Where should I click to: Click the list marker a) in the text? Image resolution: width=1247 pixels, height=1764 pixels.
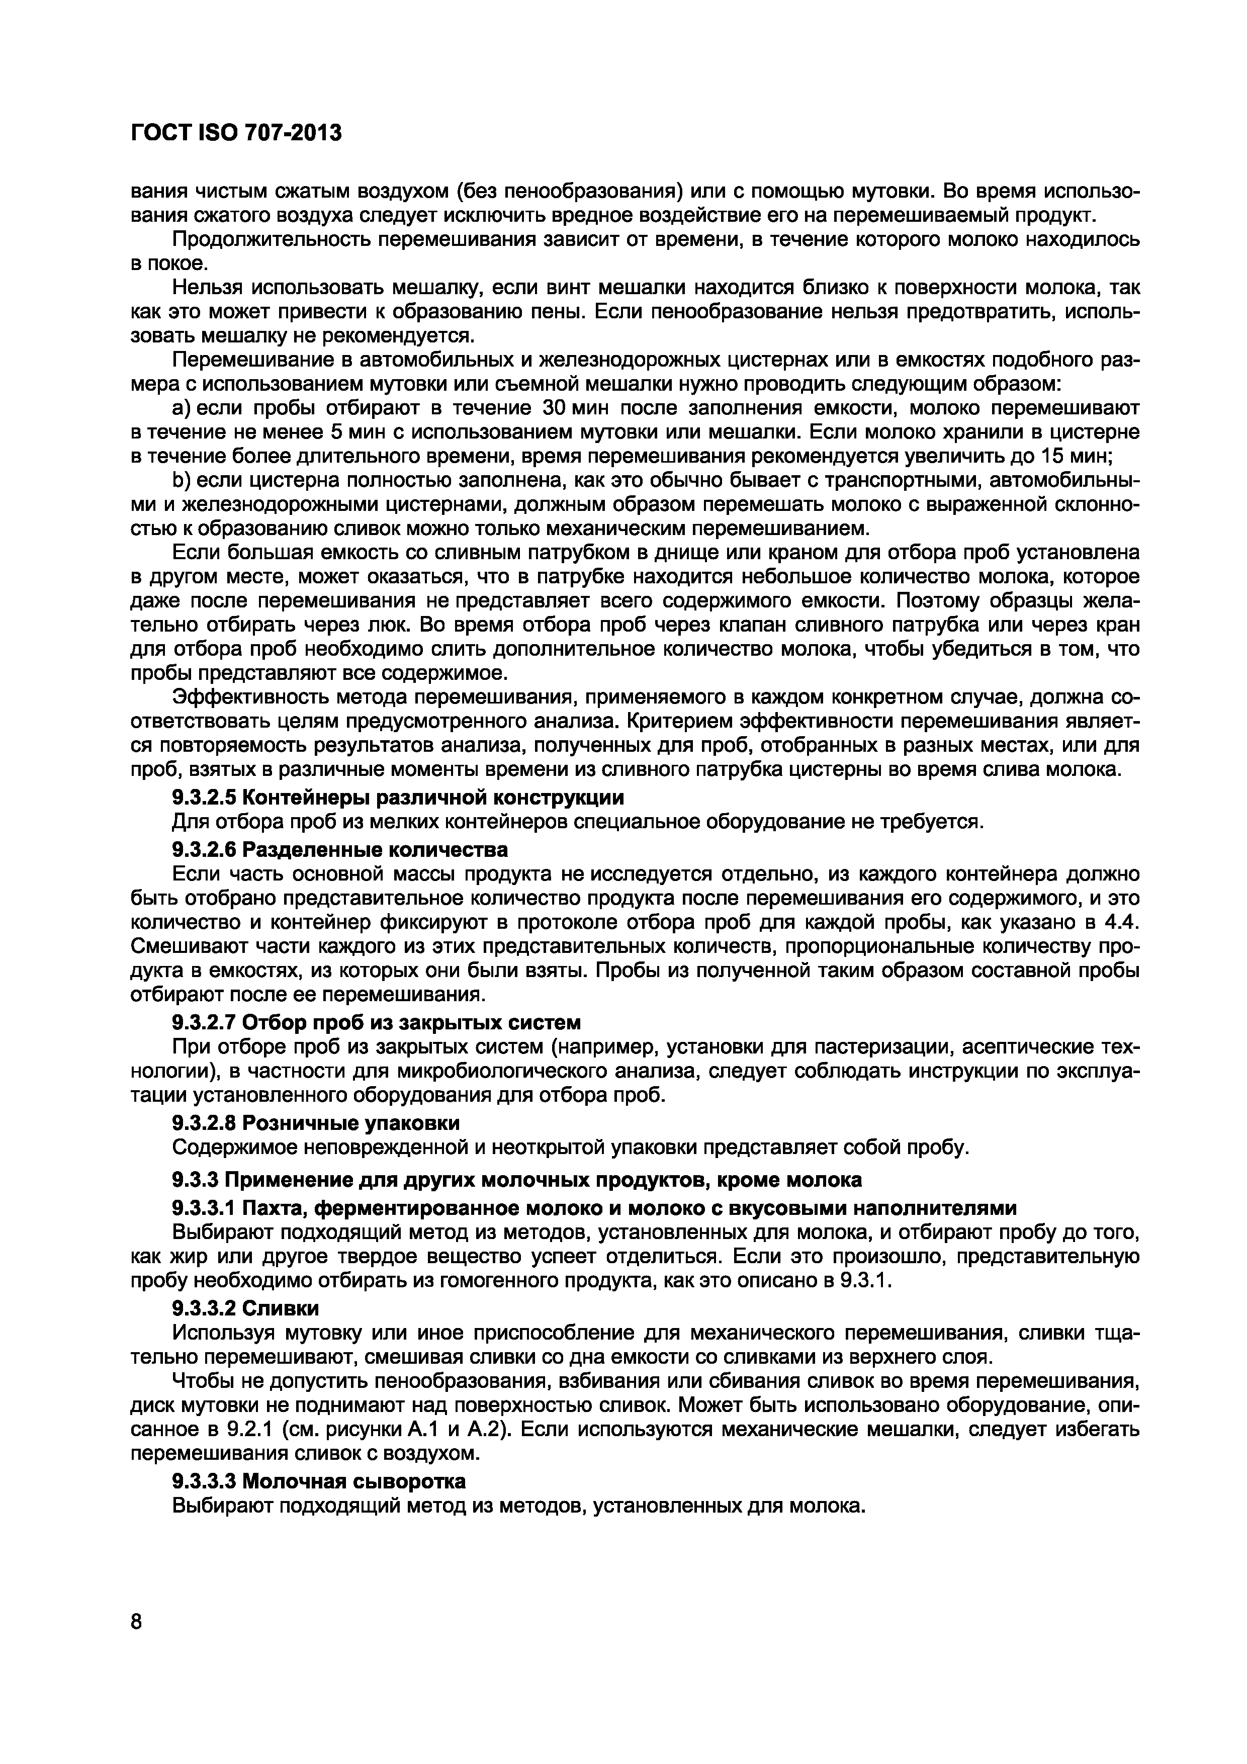click(181, 406)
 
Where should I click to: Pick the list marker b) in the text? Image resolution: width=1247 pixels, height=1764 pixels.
click(181, 481)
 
